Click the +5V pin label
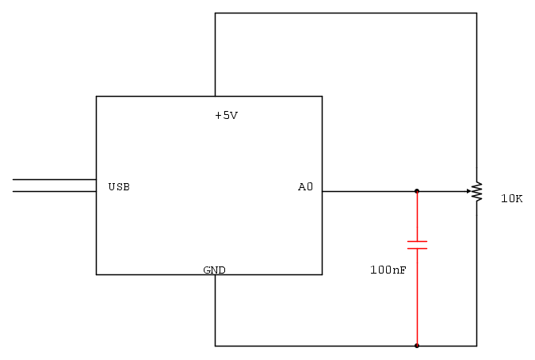click(x=226, y=116)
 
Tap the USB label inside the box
click(x=119, y=187)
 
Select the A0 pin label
click(x=305, y=186)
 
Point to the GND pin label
click(x=214, y=270)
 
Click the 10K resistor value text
click(x=511, y=198)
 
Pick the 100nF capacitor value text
click(x=388, y=270)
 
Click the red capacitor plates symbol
click(x=417, y=245)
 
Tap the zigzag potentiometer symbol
click(x=477, y=191)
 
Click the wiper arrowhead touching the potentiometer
click(x=468, y=191)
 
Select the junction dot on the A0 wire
click(x=417, y=191)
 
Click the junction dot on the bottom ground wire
click(x=417, y=346)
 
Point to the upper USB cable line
click(x=55, y=179)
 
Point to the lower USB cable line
click(x=55, y=191)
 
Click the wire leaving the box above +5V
click(x=216, y=55)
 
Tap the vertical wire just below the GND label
click(x=216, y=310)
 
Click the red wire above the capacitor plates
click(x=417, y=216)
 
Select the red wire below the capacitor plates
click(x=417, y=297)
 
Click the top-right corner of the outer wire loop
click(x=476, y=13)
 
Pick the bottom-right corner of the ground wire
click(x=476, y=346)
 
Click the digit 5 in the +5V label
click(x=226, y=116)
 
